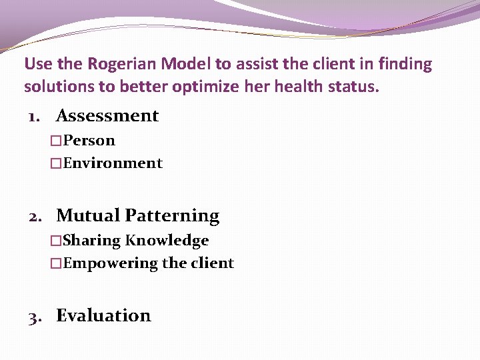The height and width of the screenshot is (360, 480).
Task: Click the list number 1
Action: [x=33, y=116]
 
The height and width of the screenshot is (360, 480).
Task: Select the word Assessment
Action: [x=107, y=115]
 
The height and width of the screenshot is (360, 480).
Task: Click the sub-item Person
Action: [x=89, y=141]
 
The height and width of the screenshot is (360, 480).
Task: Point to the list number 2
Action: [x=35, y=216]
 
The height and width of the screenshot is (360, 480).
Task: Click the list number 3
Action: [x=34, y=316]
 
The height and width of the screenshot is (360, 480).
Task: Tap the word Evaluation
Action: [x=103, y=315]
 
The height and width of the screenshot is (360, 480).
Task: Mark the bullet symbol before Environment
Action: [x=56, y=163]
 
